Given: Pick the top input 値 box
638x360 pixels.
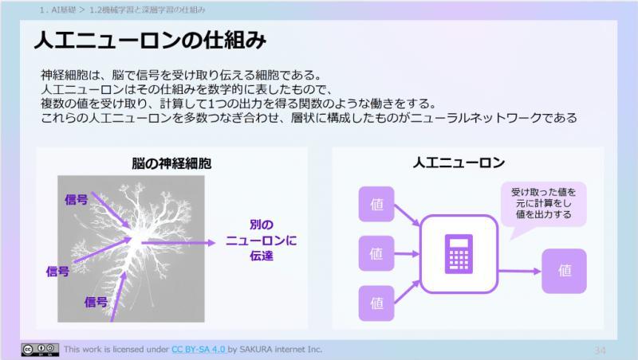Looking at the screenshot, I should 377,204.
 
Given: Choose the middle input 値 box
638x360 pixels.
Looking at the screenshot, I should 377,253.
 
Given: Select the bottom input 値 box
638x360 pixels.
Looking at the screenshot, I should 377,303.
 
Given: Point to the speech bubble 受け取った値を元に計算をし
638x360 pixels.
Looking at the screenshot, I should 542,203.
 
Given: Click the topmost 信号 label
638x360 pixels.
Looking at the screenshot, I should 76,200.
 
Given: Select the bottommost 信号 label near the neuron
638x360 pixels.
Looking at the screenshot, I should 96,301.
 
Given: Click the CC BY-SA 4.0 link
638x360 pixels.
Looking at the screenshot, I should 199,349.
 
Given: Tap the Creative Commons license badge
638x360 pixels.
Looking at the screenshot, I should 39,349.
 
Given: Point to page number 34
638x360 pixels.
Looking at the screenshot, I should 601,350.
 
